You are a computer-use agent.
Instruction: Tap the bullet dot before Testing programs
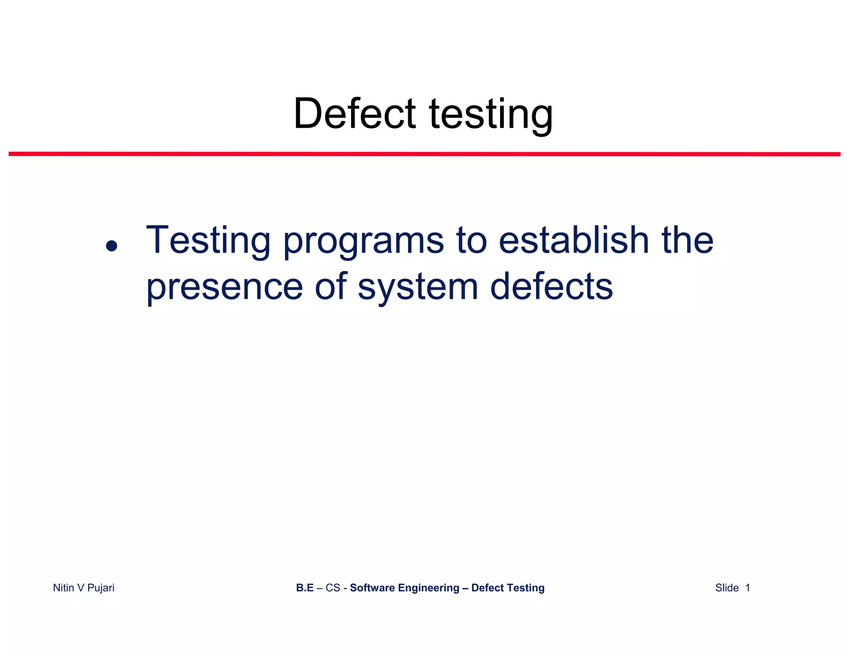click(x=111, y=246)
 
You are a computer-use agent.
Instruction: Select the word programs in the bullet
click(x=364, y=242)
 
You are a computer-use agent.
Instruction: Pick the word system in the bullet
click(x=418, y=288)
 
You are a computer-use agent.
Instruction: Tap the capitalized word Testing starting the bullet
click(x=208, y=241)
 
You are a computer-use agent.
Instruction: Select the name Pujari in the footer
click(x=100, y=588)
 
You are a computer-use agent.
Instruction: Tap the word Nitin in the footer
click(x=64, y=587)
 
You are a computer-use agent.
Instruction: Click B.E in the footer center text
click(x=305, y=587)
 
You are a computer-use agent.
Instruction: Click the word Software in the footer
click(x=372, y=587)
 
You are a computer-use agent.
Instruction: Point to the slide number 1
click(x=747, y=587)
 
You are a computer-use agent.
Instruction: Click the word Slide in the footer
click(x=727, y=587)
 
